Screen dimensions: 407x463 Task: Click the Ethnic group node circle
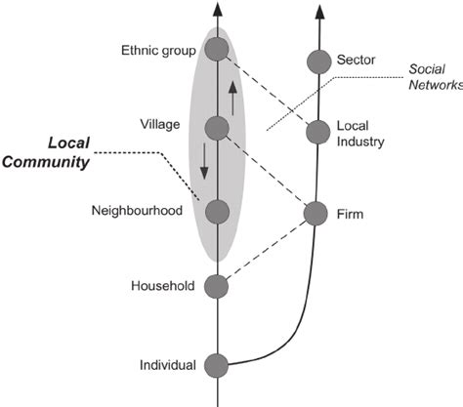coord(217,50)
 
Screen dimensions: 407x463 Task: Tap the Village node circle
coord(217,127)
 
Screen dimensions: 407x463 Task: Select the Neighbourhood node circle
coord(217,210)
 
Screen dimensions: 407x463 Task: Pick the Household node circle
coord(217,286)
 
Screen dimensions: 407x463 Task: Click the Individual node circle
coord(217,366)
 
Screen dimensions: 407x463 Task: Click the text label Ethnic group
coord(158,51)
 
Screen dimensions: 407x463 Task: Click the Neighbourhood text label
coord(138,210)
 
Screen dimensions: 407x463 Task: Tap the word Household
coord(163,286)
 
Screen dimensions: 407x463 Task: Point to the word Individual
coord(168,366)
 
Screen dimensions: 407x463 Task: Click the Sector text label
coord(356,61)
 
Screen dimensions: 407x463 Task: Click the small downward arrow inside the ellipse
coord(203,161)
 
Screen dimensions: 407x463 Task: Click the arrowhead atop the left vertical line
coord(216,9)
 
